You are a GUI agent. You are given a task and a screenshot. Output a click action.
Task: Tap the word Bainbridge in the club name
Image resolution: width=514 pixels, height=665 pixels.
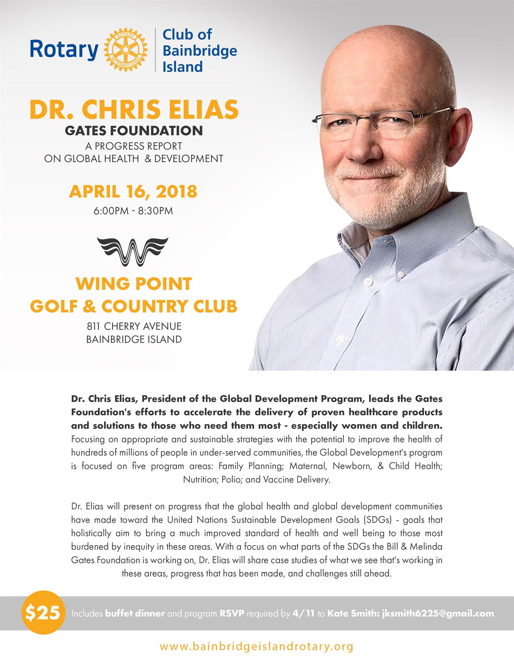click(x=200, y=51)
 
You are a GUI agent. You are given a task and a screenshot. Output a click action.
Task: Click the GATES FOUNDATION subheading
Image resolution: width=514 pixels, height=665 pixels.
click(x=134, y=131)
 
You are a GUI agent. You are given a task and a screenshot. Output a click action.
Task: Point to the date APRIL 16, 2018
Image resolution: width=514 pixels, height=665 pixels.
click(x=133, y=191)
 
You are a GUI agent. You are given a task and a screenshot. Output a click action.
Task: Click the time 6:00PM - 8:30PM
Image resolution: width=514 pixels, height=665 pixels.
click(x=133, y=211)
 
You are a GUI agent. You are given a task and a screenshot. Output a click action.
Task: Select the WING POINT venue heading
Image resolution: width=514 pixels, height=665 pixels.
click(x=134, y=284)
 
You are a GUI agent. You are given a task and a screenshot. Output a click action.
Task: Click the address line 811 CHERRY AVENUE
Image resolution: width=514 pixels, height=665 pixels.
click(x=134, y=326)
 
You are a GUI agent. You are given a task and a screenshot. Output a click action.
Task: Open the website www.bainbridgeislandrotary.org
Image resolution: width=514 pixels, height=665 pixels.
click(x=257, y=646)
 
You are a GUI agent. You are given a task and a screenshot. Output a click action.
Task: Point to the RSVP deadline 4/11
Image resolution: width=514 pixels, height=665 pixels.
click(x=304, y=614)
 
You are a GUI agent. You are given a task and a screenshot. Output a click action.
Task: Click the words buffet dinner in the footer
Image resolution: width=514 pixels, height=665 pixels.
click(x=135, y=614)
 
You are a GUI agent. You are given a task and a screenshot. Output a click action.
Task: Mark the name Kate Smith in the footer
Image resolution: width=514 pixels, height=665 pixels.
click(x=353, y=614)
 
